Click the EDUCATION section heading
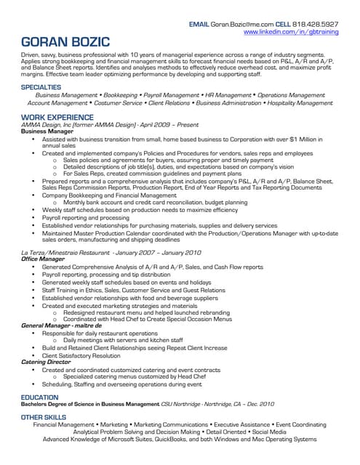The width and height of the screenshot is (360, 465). tap(40, 397)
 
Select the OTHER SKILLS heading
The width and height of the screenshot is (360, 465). tap(44, 417)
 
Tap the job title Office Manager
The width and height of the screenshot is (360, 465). tap(41, 258)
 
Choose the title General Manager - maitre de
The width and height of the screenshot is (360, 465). tap(61, 327)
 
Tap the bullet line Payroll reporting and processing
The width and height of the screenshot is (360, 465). tap(85, 217)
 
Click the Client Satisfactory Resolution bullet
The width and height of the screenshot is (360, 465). tap(81, 355)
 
